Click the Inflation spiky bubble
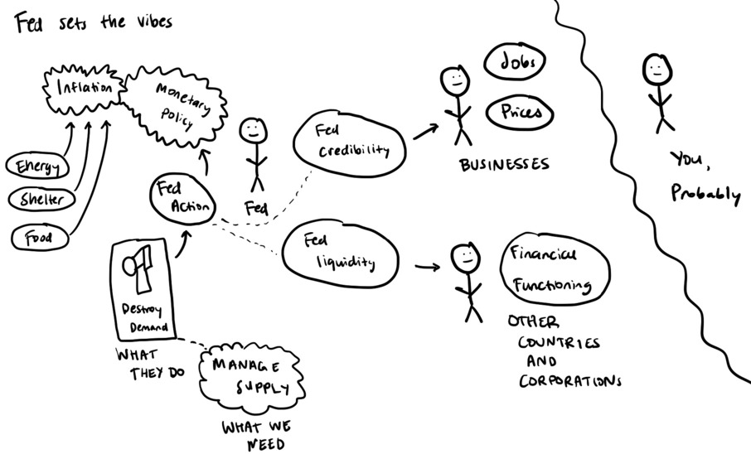point(84,87)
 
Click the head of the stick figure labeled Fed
point(253,131)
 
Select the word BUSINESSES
point(504,165)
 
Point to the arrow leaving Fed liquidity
point(426,268)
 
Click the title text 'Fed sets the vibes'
point(93,22)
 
